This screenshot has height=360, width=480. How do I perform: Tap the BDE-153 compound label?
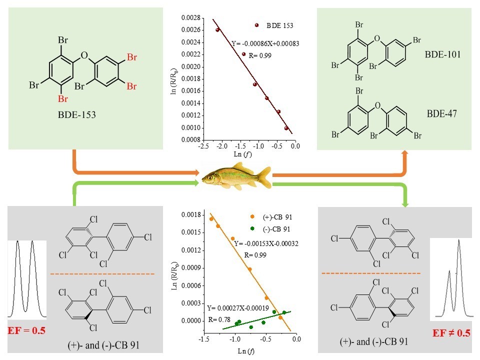pyautogui.click(x=77, y=114)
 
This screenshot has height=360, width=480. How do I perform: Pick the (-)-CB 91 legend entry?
pyautogui.click(x=267, y=228)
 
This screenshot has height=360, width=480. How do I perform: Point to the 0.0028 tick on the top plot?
pyautogui.click(x=189, y=18)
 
